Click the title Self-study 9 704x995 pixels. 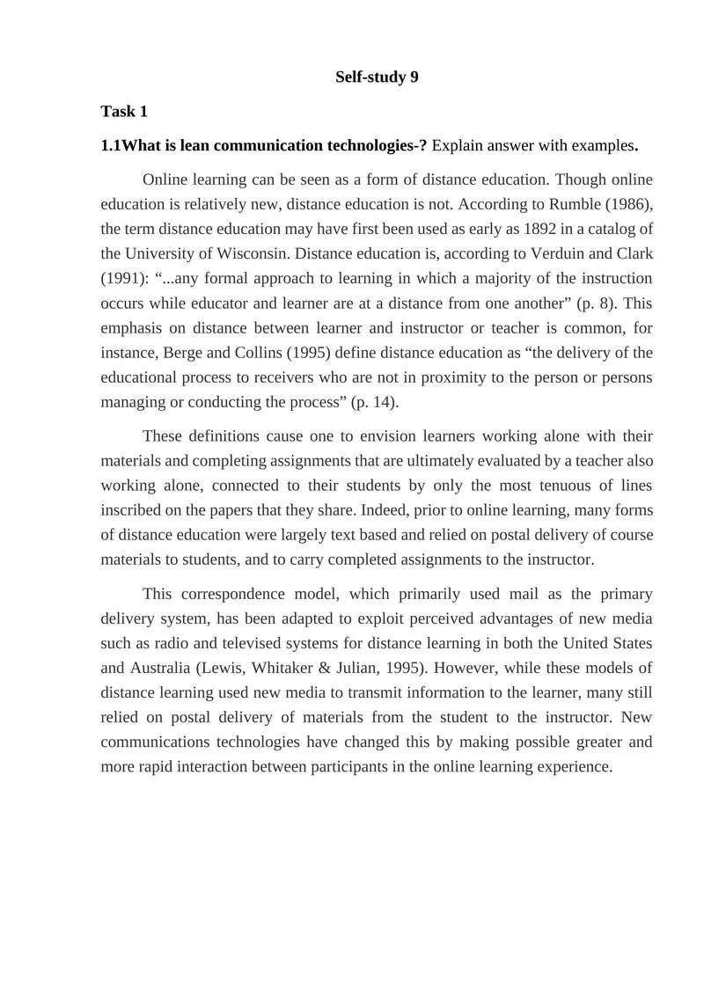pos(377,77)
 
